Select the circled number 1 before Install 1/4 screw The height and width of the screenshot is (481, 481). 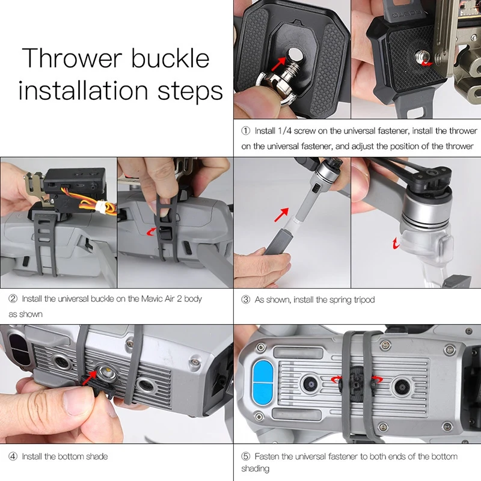tap(245, 130)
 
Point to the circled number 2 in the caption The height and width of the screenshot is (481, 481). tap(13, 299)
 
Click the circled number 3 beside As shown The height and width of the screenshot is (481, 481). tap(245, 299)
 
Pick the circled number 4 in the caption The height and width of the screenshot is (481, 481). tap(13, 457)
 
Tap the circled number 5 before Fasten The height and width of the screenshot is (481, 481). tap(245, 457)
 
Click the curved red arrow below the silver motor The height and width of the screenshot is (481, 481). tap(395, 243)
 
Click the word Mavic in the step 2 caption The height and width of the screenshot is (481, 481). tap(138, 299)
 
